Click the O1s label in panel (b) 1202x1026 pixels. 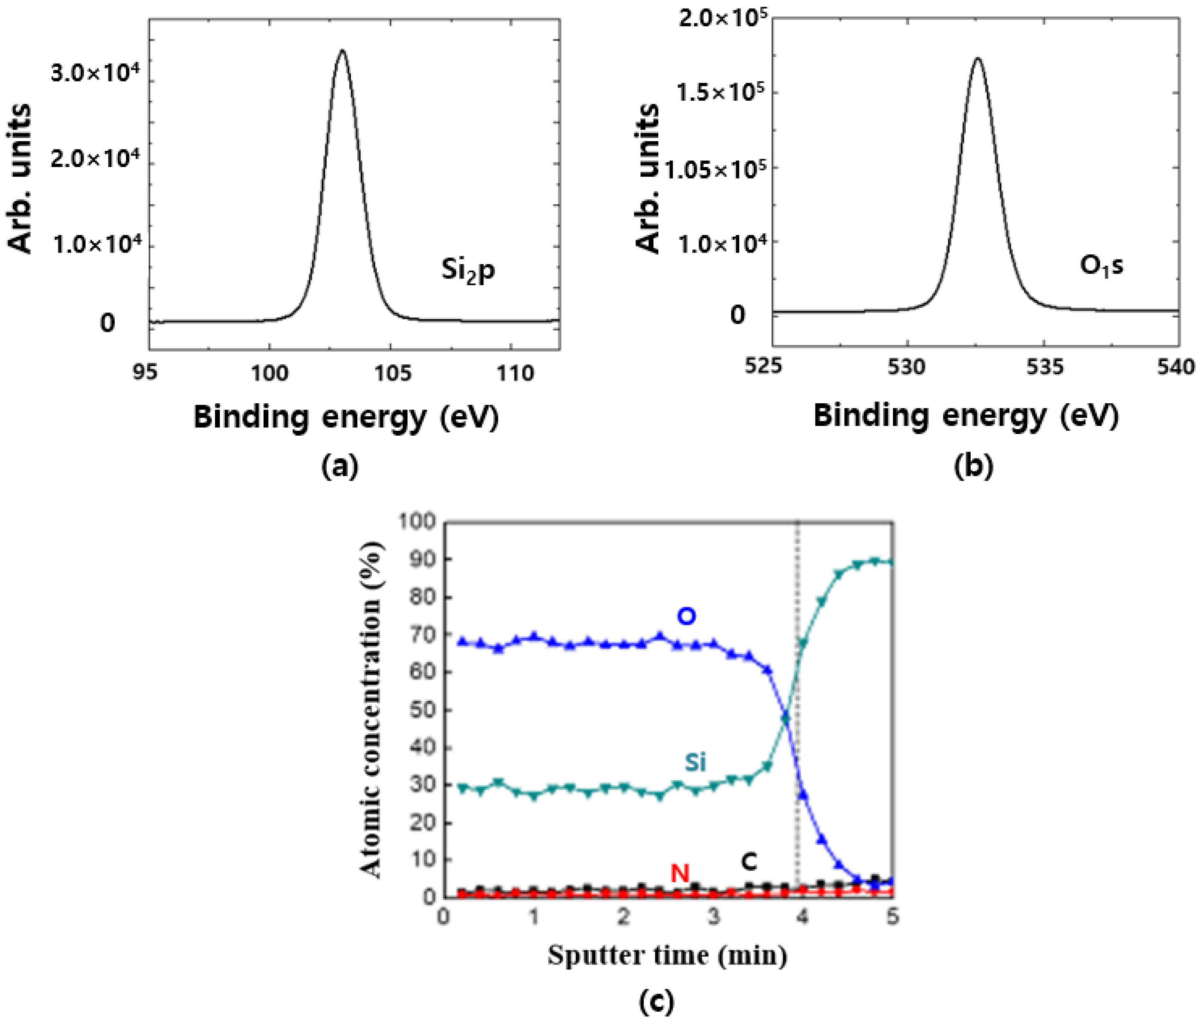(1101, 266)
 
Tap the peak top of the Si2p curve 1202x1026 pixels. (342, 51)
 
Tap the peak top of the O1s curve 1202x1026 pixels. (978, 59)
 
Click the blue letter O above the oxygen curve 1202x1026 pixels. (686, 616)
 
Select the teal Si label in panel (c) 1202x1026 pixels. (695, 762)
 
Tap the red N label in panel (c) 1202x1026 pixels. (680, 872)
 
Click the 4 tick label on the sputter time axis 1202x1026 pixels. (802, 917)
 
